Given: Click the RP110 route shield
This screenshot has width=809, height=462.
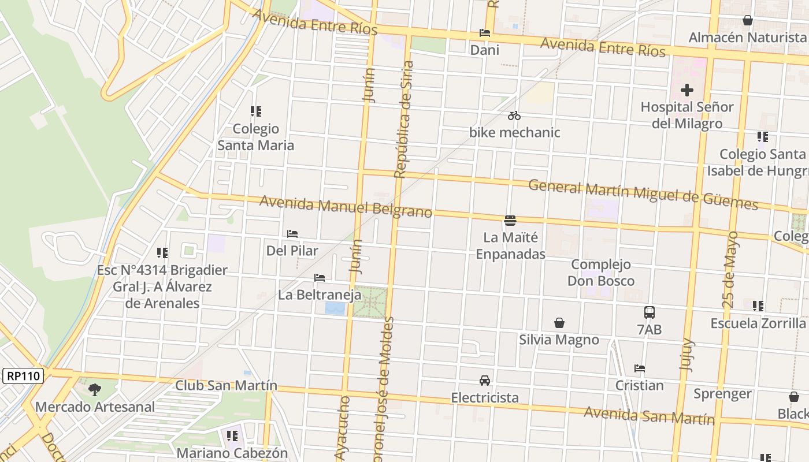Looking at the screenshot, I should click(24, 376).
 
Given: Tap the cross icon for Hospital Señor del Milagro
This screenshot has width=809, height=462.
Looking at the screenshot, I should click(686, 90).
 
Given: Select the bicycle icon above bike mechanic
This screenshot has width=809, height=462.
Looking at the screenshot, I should click(514, 115).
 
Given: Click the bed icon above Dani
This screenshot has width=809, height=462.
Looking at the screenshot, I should click(484, 33).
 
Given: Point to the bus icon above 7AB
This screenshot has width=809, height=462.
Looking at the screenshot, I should click(650, 312).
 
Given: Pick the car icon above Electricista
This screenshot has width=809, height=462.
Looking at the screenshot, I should click(484, 381).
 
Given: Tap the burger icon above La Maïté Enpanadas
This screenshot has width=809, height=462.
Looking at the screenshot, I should click(510, 220).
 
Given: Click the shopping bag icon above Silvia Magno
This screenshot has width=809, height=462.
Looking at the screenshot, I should click(559, 323).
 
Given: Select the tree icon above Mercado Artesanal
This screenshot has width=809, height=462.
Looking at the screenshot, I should click(95, 390).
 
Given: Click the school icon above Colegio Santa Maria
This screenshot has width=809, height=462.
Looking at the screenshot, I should click(255, 111).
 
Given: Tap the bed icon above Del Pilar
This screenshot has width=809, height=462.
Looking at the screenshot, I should click(292, 234).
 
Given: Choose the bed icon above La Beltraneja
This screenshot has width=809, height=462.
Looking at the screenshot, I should click(320, 278).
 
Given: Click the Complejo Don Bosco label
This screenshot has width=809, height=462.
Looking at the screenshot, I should click(601, 273).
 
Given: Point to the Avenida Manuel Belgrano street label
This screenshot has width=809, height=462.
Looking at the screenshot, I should click(346, 207).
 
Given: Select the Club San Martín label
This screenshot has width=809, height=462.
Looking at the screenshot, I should click(226, 385).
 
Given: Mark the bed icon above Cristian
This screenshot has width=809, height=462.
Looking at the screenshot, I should click(639, 368).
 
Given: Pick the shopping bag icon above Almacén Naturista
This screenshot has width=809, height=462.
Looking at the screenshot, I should click(747, 21).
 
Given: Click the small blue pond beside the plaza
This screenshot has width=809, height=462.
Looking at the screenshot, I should click(335, 308).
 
